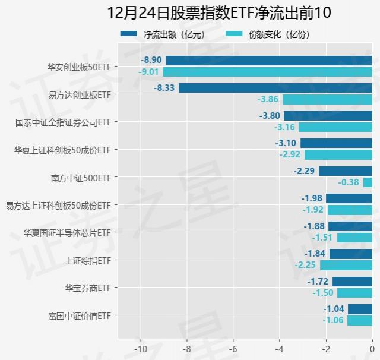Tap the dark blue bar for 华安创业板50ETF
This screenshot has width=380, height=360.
click(x=269, y=61)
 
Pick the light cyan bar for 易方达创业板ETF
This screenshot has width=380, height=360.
click(x=327, y=99)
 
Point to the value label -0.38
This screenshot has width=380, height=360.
click(x=349, y=182)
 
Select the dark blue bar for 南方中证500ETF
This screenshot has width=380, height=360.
click(x=346, y=171)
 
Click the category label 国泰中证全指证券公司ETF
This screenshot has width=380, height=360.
click(x=63, y=122)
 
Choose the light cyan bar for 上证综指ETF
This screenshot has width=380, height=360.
click(x=346, y=265)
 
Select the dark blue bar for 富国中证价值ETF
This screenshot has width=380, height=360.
click(x=360, y=309)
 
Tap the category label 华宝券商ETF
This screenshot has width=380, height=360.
click(x=88, y=288)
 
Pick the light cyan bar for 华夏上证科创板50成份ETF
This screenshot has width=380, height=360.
click(x=338, y=154)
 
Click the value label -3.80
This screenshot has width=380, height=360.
click(x=270, y=116)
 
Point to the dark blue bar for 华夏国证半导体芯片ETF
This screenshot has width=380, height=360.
click(x=350, y=226)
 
